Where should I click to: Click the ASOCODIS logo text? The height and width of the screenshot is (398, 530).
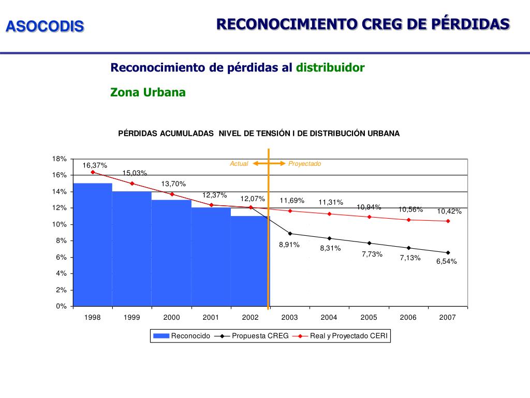click(45, 26)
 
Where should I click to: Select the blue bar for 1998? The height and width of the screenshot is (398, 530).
click(93, 244)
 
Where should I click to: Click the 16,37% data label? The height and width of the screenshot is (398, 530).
click(95, 165)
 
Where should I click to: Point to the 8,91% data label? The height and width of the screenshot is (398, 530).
click(289, 245)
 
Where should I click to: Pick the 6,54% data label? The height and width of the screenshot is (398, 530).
click(446, 261)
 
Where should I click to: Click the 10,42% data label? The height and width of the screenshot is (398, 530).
click(449, 211)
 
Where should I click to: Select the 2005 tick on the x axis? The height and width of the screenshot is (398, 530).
click(369, 317)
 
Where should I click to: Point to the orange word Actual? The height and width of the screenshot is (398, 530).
click(239, 164)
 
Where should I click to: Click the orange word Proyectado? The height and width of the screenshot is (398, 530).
click(305, 164)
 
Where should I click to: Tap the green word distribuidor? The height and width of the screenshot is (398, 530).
click(330, 67)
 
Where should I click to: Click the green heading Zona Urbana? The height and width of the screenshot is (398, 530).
click(148, 92)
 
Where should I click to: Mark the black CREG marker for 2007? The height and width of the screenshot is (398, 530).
click(448, 253)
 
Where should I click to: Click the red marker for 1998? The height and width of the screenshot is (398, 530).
click(93, 172)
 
